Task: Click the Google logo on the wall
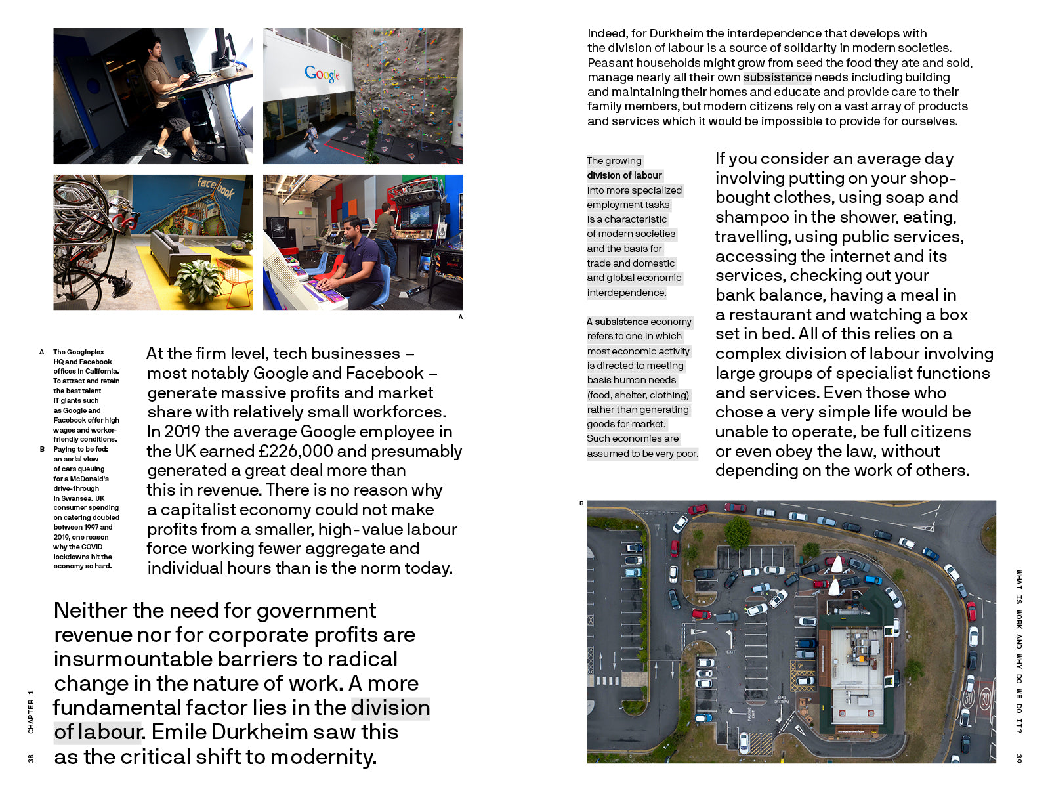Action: pos(322,74)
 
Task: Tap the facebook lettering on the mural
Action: pos(216,188)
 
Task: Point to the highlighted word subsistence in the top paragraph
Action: pos(777,77)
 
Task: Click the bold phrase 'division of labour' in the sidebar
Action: pos(624,175)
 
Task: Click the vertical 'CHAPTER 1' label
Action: pos(31,712)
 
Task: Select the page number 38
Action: pos(31,758)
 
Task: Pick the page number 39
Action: pos(1018,758)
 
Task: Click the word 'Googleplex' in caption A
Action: pos(85,352)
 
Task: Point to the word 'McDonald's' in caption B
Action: pos(90,479)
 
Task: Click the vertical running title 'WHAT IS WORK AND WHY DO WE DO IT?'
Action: pos(1018,650)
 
